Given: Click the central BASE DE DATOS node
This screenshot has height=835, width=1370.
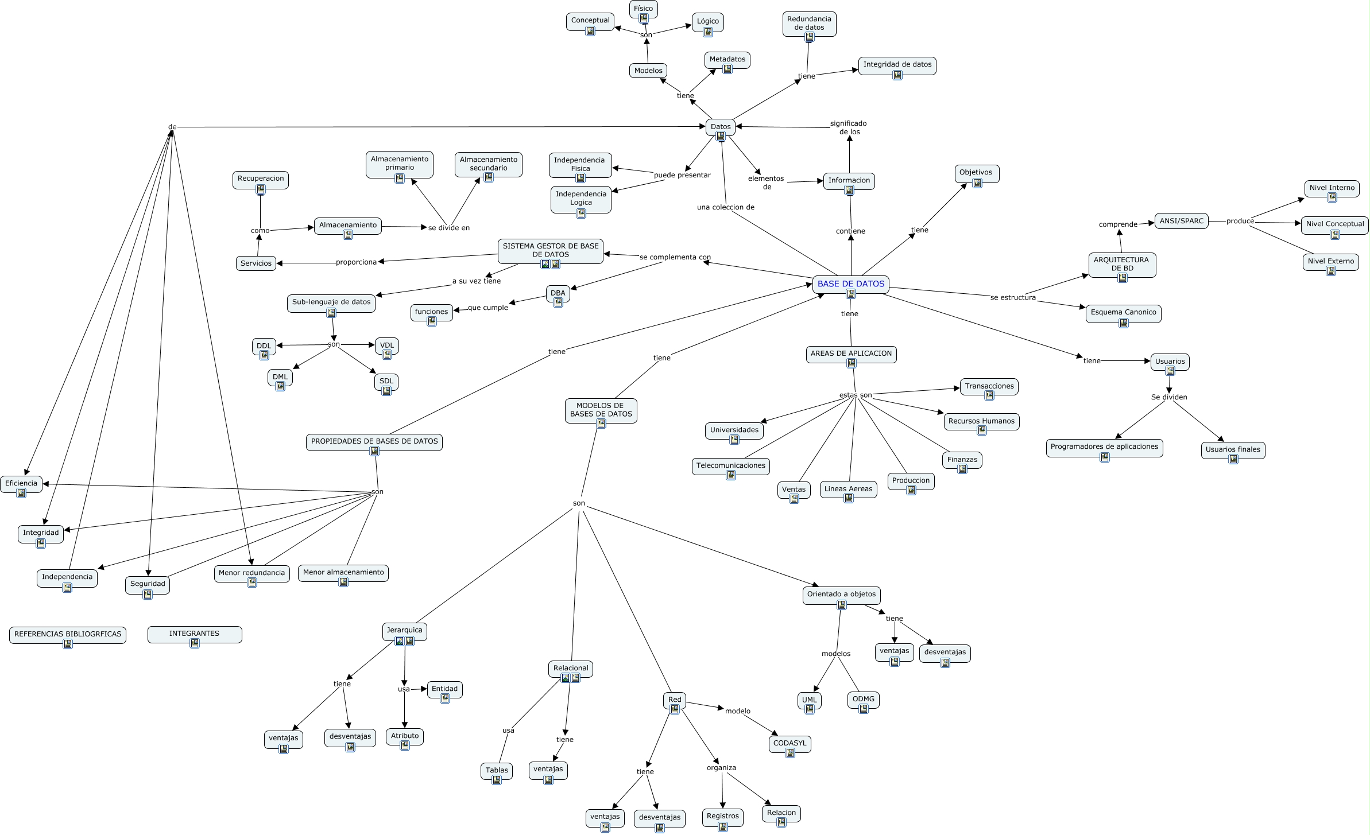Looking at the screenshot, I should tap(850, 284).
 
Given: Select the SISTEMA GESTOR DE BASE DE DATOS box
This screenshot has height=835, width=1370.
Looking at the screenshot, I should tap(550, 250).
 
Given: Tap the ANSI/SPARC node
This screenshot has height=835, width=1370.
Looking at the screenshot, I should tap(1181, 221).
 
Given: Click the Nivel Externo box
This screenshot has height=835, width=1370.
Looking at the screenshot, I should tap(1330, 261).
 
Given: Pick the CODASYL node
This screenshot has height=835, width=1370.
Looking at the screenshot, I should tap(790, 743).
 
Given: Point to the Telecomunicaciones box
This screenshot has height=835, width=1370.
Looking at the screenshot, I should tap(730, 465).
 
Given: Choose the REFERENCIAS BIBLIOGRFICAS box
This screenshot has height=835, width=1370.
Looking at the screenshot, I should tap(68, 634).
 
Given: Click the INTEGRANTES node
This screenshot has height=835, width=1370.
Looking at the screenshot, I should tap(194, 634).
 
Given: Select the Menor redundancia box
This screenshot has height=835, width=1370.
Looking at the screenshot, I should tap(251, 573).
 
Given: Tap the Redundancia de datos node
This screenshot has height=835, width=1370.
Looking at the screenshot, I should tap(809, 23).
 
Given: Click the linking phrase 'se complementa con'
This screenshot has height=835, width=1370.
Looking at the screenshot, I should tap(675, 257).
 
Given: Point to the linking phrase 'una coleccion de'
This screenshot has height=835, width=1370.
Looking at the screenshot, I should tap(725, 207).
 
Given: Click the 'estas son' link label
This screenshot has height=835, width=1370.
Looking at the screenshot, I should tap(855, 395).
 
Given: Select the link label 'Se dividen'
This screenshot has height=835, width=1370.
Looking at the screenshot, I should tap(1168, 397).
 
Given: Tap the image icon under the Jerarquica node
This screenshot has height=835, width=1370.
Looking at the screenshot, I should tap(400, 641).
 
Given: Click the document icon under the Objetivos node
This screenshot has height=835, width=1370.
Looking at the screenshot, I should tap(977, 183).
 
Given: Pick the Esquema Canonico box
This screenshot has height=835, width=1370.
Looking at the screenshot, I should tap(1123, 312).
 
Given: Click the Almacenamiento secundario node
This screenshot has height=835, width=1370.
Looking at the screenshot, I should tap(488, 164).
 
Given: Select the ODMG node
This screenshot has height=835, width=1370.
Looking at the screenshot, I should tap(863, 699).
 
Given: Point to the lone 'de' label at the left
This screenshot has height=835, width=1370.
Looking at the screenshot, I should tap(172, 127).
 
